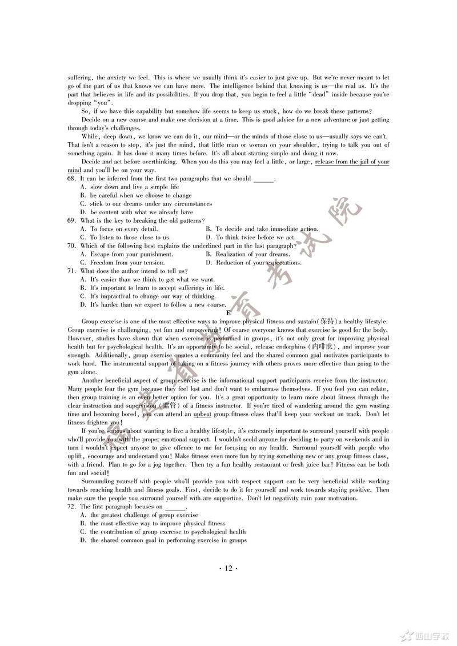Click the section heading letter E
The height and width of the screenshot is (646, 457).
[228, 313]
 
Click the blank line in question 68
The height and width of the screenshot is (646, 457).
[263, 179]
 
